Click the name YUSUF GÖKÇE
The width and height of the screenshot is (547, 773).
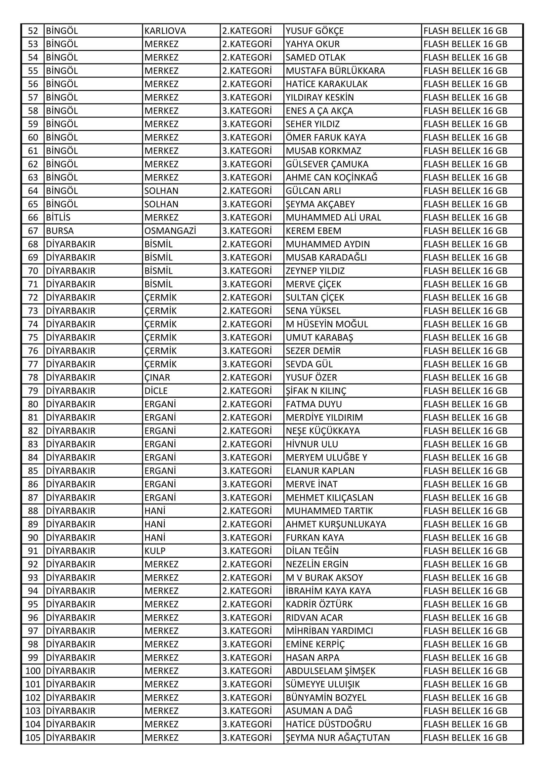tap(315, 31)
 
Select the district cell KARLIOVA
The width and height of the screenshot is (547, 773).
tap(165, 31)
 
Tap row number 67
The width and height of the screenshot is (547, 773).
tap(33, 231)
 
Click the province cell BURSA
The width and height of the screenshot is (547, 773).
tap(60, 231)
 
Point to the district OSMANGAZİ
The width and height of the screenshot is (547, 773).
tap(170, 231)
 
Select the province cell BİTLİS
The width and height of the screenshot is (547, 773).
tap(58, 218)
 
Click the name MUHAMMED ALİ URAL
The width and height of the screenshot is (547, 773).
tap(333, 218)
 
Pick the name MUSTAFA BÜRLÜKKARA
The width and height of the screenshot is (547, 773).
tap(335, 71)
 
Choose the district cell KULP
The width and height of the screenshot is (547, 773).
tap(155, 551)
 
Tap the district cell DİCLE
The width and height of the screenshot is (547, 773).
tap(156, 391)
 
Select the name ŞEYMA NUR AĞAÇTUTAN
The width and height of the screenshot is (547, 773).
tap(338, 738)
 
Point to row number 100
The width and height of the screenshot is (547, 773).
tap(33, 671)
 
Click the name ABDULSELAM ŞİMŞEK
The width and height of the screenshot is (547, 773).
tap(330, 671)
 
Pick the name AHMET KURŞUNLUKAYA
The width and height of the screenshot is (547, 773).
tap(336, 524)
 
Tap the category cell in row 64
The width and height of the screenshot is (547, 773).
tap(247, 191)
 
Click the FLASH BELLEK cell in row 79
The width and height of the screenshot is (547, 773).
tap(465, 391)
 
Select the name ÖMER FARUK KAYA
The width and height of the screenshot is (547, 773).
tap(326, 137)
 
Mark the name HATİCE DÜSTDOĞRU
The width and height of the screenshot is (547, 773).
tap(328, 724)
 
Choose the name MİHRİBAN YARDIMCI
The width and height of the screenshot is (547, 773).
tap(329, 631)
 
